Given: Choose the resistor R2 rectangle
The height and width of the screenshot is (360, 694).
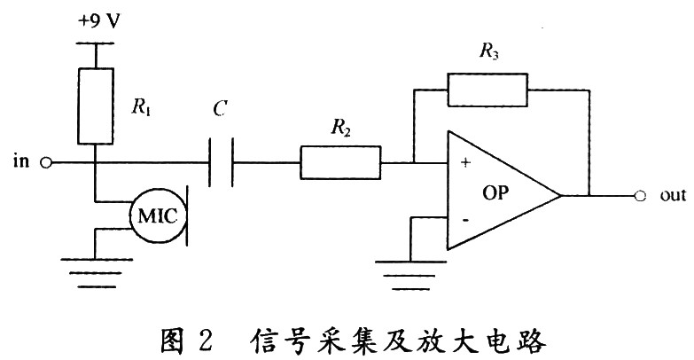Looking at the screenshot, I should click(x=339, y=162).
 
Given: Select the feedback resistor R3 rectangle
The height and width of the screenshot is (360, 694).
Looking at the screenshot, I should click(x=487, y=90).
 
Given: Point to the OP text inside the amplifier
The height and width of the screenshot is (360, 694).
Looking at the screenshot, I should click(x=496, y=193).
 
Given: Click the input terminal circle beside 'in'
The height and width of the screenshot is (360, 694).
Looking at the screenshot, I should click(x=46, y=162).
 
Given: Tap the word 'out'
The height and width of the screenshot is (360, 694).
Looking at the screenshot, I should click(x=672, y=195).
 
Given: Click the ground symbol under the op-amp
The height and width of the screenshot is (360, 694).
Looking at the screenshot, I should click(x=409, y=270).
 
